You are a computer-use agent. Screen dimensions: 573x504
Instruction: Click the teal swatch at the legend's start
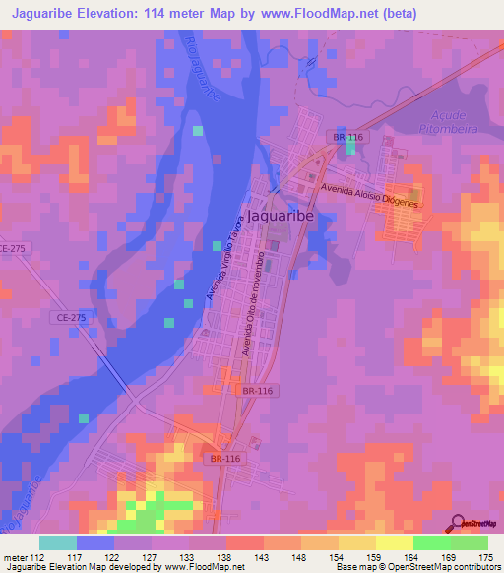click(x=58, y=542)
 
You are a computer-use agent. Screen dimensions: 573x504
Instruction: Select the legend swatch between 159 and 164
click(x=395, y=542)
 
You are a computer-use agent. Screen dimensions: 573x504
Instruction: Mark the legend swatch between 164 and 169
click(x=432, y=542)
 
